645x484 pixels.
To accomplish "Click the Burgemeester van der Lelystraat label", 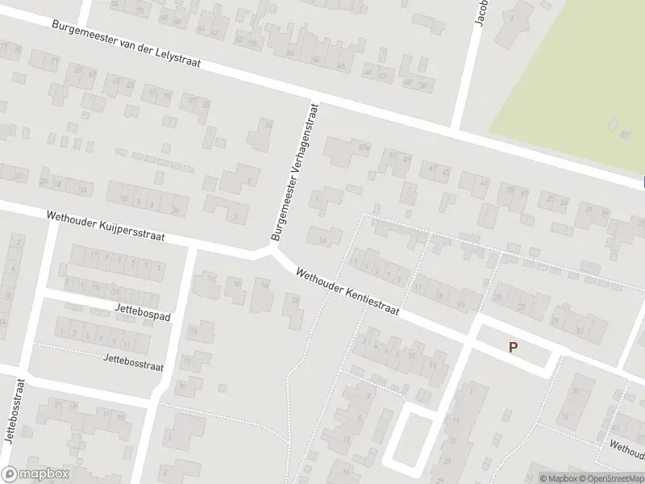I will click(x=126, y=44).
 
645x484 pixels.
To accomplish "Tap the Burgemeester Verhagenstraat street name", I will click(x=295, y=171).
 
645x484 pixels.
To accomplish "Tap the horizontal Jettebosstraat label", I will click(x=133, y=361).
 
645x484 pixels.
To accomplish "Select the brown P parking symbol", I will click(x=512, y=347).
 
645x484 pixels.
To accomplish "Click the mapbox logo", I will click(x=35, y=474).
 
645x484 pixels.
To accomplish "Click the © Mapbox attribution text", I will click(x=556, y=478).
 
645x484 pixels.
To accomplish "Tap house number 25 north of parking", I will click(x=522, y=307).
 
